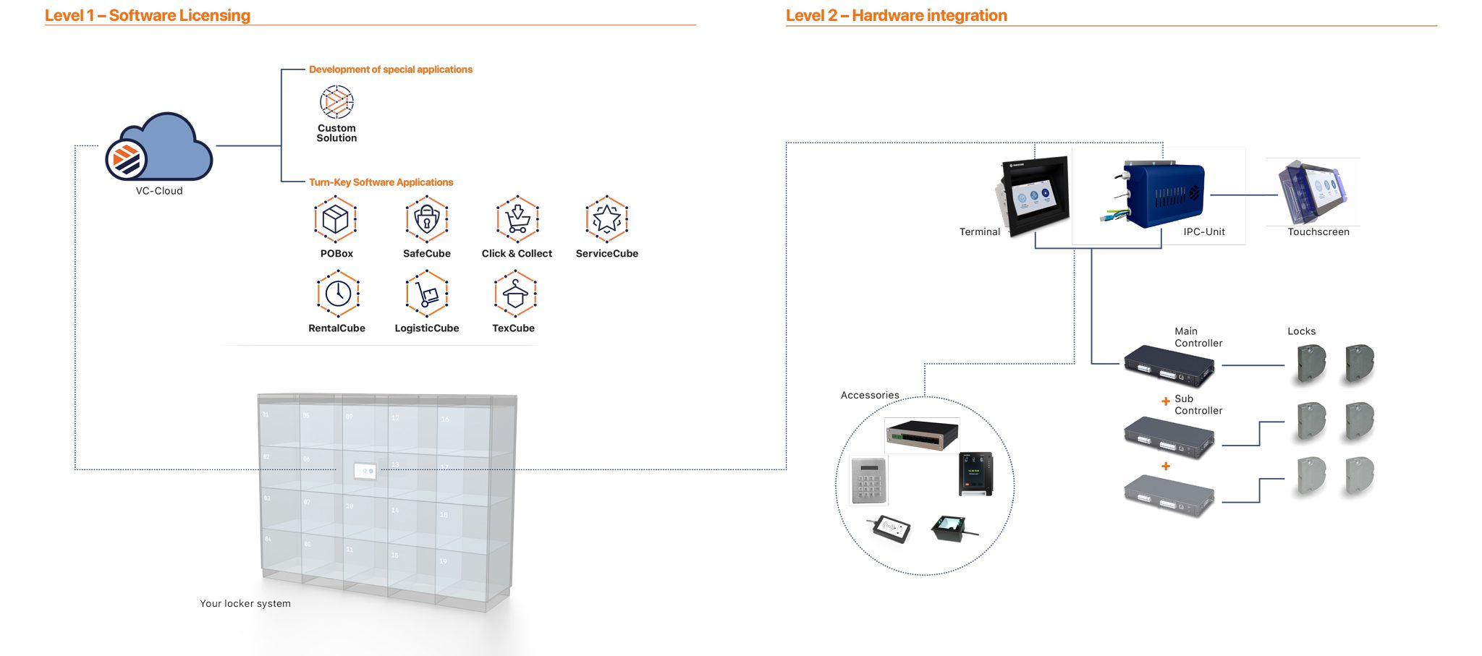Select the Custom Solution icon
tap(336, 102)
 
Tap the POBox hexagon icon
tap(336, 218)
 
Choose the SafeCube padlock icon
tap(427, 218)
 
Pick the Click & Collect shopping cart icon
tap(517, 218)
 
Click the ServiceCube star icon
tap(606, 218)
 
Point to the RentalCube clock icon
tap(338, 294)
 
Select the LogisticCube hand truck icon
tap(427, 294)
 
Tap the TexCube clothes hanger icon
tap(515, 294)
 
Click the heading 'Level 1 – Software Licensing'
tap(148, 15)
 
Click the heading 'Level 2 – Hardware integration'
tap(896, 15)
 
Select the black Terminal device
tap(1034, 197)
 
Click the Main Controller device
tap(1169, 367)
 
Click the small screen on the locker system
tap(364, 472)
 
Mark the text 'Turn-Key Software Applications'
tap(381, 182)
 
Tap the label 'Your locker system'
tap(245, 603)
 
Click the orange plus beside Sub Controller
tap(1165, 401)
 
